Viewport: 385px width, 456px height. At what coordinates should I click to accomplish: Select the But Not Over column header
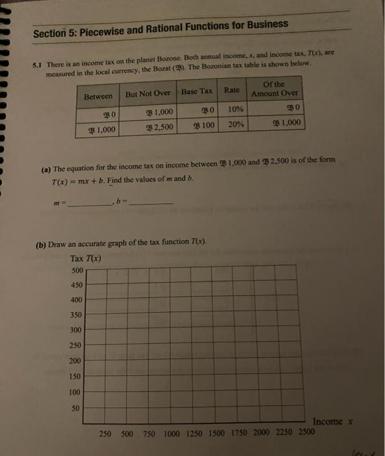point(148,93)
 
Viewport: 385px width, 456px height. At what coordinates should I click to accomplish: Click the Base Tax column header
point(196,92)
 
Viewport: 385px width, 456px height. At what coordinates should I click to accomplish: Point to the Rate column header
point(231,90)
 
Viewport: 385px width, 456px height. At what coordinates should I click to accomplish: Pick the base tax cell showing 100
point(203,124)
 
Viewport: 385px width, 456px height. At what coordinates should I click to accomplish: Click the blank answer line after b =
point(151,204)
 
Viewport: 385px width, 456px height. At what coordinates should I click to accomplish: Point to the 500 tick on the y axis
point(75,270)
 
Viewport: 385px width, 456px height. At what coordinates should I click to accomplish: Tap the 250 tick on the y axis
point(76,345)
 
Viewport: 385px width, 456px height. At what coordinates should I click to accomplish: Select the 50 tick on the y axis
point(76,408)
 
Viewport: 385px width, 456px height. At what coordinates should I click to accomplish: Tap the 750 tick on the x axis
point(149,433)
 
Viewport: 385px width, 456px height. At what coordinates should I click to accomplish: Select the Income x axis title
point(332,422)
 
